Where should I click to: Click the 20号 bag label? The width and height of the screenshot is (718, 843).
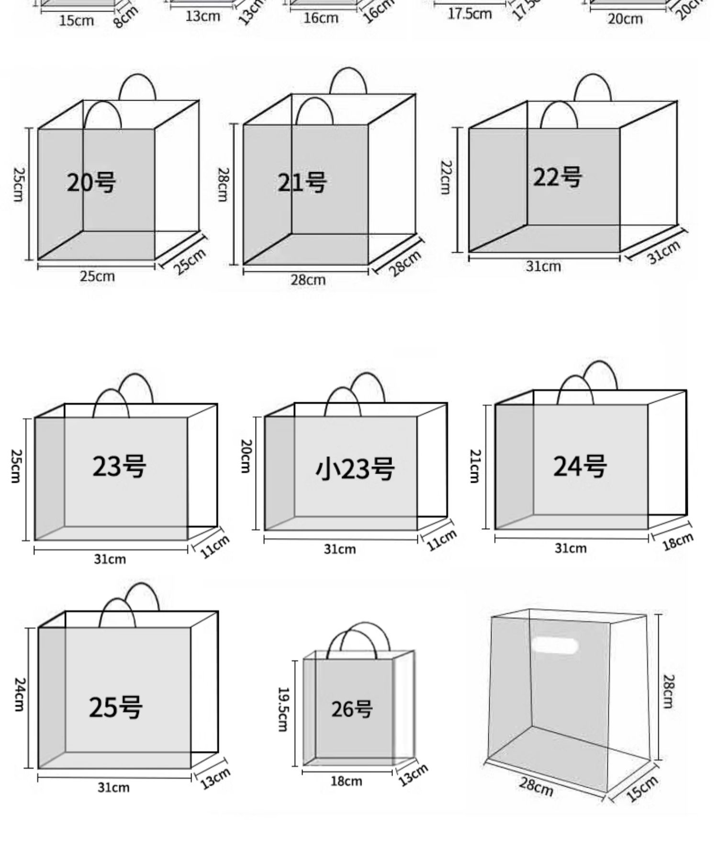click(x=91, y=183)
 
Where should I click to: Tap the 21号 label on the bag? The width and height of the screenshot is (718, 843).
click(x=302, y=183)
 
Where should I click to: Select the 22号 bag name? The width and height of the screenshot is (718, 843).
click(x=558, y=177)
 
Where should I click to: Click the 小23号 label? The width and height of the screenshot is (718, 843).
click(x=355, y=468)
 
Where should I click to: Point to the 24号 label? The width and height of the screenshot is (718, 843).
click(x=580, y=466)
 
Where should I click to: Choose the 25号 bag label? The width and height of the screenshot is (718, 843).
click(x=115, y=707)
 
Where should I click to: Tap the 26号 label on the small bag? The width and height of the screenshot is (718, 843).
click(x=352, y=709)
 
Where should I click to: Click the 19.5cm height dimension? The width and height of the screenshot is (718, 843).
click(x=283, y=709)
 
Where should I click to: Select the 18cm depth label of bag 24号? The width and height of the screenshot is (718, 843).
click(x=678, y=542)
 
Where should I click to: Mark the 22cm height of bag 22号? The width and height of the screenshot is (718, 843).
click(x=446, y=177)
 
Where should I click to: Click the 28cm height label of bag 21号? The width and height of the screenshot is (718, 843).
click(x=223, y=185)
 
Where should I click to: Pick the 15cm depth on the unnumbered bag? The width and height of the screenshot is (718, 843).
click(x=642, y=789)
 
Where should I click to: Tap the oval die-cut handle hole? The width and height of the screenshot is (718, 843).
click(x=555, y=646)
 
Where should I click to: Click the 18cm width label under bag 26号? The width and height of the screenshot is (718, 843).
click(x=346, y=781)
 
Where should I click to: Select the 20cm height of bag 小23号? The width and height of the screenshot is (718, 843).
click(x=245, y=456)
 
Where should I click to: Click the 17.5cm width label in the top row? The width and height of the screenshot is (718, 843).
click(x=470, y=14)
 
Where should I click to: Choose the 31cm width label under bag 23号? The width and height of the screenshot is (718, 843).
click(x=110, y=559)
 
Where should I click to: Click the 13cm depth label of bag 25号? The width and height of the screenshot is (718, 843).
click(x=215, y=777)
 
